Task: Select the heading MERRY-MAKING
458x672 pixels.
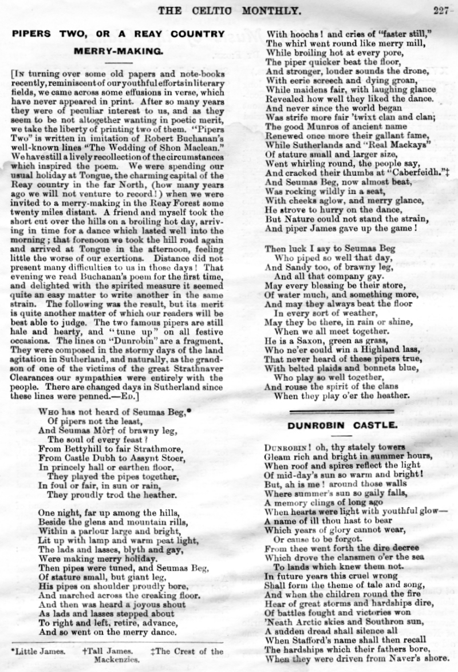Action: coord(119,50)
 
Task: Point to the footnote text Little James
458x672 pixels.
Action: coord(35,651)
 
